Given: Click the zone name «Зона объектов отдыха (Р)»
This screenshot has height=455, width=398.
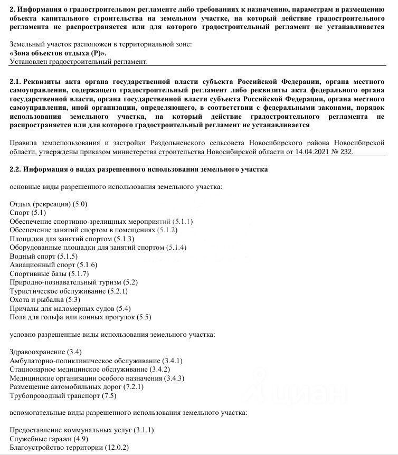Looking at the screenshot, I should point(58,53).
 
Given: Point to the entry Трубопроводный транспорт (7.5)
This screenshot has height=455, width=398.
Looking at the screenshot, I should point(55,395).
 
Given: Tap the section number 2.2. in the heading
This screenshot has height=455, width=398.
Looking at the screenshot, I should point(16,169).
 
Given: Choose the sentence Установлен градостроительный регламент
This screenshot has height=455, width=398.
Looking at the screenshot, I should point(79,62).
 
